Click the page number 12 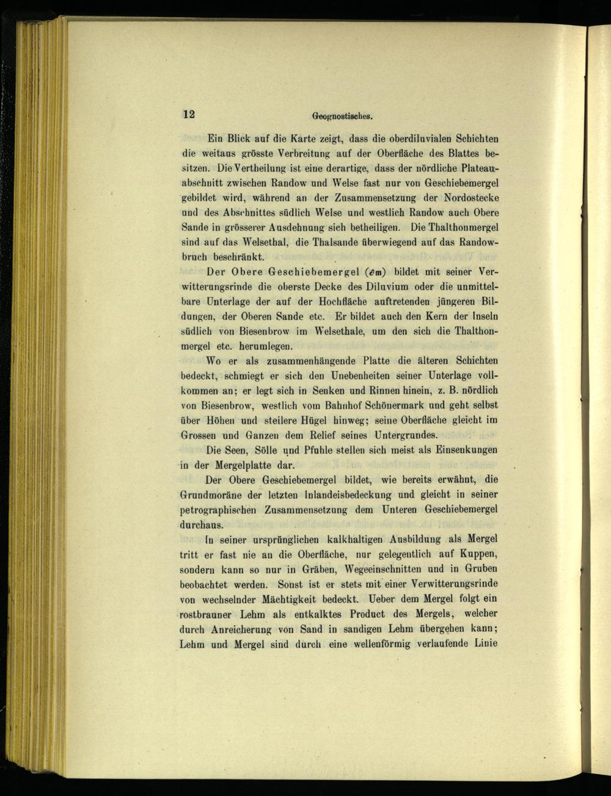tap(188, 114)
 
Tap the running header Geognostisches tap(342, 115)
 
